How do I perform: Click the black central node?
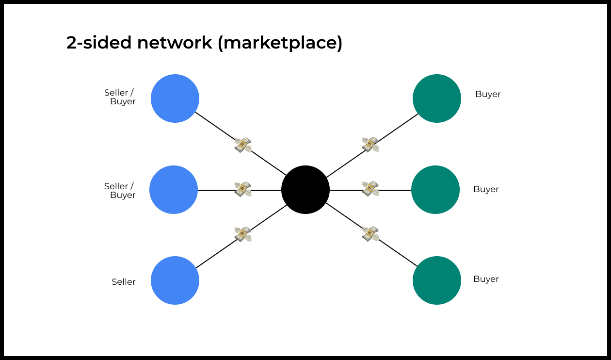tap(305, 190)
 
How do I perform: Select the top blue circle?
tap(175, 98)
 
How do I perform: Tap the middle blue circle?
tap(174, 190)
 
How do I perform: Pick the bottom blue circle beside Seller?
tap(175, 280)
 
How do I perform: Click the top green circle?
tap(437, 98)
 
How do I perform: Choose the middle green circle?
tap(435, 190)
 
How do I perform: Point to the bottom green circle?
tap(437, 280)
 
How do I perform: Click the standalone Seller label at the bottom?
tap(124, 282)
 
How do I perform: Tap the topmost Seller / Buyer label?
tap(119, 97)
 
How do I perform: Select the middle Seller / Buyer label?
tap(119, 191)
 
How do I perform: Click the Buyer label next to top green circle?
tap(488, 94)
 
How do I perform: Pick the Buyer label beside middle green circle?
tap(486, 189)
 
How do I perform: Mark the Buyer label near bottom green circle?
tap(486, 279)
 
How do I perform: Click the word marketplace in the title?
tap(280, 43)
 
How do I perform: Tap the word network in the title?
tap(175, 43)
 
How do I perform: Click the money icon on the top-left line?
tap(243, 145)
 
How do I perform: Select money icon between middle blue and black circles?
tap(243, 189)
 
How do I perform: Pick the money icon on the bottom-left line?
tap(243, 234)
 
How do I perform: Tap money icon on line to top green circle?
tap(370, 144)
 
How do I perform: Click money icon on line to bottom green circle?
tap(370, 234)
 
